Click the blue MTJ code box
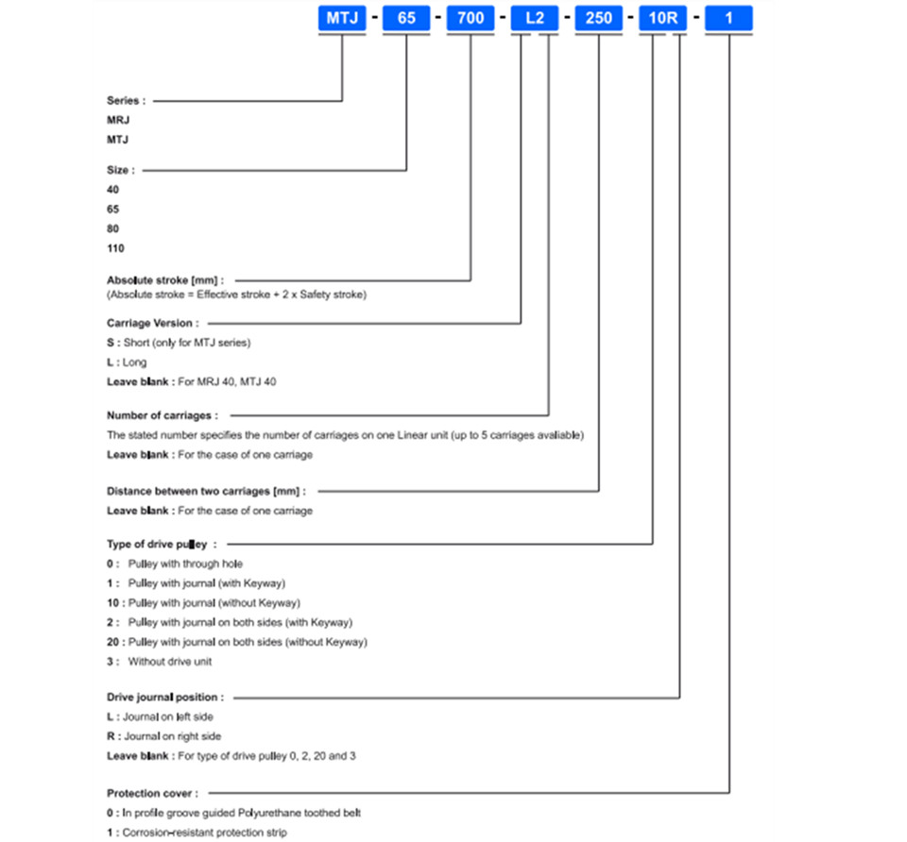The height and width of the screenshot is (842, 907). point(342,18)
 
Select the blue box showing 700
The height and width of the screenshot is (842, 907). point(471,18)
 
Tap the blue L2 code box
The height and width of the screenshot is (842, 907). point(535,18)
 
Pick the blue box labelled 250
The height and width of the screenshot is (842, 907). point(599,18)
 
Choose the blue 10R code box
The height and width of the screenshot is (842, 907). point(663,18)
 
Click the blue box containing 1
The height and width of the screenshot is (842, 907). point(728,18)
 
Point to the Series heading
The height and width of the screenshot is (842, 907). point(126,101)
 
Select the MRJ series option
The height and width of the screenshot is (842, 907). point(118,120)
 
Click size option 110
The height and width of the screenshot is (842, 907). point(115,248)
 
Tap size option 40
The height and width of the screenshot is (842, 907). point(112,190)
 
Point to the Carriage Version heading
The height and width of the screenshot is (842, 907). point(153,323)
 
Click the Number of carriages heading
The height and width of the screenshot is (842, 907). point(163,415)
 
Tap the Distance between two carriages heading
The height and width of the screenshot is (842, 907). point(207,491)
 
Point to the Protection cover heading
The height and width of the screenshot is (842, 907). point(153,794)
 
